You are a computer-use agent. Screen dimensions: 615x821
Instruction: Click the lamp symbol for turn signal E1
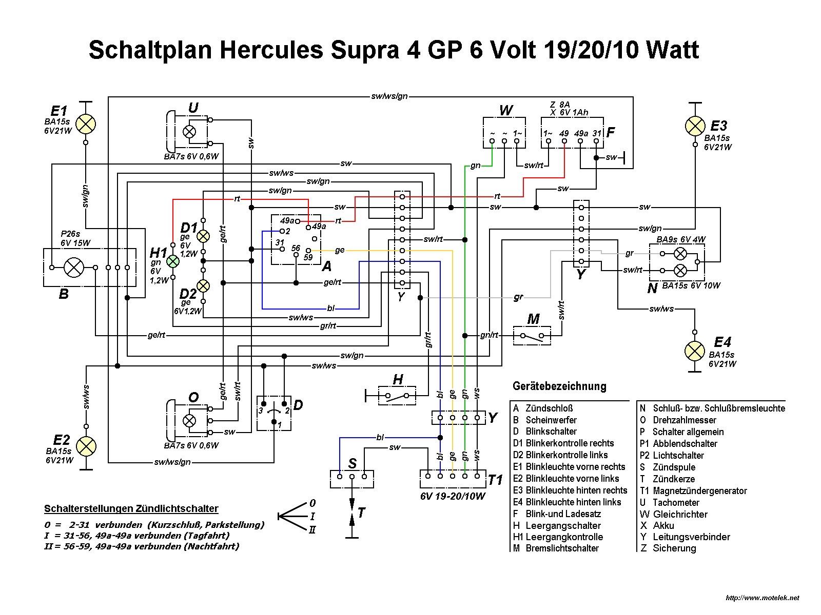[x=86, y=124]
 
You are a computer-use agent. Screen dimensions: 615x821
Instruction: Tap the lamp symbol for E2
[x=86, y=446]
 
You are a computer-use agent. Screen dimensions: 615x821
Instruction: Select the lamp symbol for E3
[x=695, y=126]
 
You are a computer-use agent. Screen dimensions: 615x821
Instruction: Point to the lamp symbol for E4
[x=695, y=351]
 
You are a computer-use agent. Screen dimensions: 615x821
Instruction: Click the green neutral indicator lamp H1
[x=173, y=261]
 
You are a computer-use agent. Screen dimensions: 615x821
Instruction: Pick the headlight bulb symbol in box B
[x=73, y=267]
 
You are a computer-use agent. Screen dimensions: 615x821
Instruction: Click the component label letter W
[x=505, y=111]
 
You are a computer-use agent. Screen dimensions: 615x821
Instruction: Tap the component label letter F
[x=611, y=132]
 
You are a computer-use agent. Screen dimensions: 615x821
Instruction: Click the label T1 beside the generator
[x=495, y=480]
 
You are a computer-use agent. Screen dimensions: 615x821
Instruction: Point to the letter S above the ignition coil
[x=352, y=464]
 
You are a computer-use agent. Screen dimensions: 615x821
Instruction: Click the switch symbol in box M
[x=532, y=336]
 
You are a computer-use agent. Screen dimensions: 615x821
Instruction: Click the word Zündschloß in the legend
[x=549, y=408]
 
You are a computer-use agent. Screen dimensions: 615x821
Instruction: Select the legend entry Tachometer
[x=676, y=503]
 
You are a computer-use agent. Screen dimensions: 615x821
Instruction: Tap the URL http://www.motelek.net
[x=762, y=598]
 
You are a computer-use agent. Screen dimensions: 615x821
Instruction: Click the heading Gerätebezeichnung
[x=559, y=386]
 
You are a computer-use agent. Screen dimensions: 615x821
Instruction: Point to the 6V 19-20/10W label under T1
[x=453, y=496]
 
